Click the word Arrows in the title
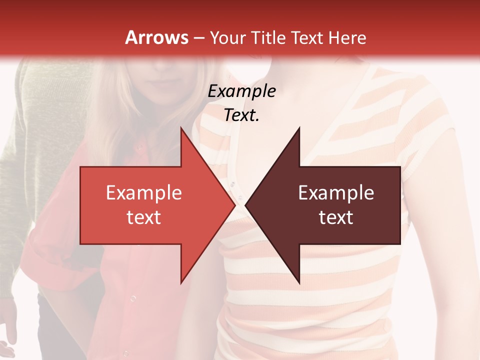[156, 37]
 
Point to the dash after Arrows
[199, 38]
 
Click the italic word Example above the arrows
[242, 91]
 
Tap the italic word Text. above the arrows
[242, 115]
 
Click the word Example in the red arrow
[144, 192]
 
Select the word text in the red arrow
[144, 217]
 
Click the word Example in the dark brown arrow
[336, 192]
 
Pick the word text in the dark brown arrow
[336, 217]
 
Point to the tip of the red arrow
[235, 205]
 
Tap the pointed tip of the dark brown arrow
[245, 205]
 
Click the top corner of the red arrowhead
[181, 127]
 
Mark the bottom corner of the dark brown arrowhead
[299, 283]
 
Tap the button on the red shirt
[133, 298]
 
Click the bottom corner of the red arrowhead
[181, 283]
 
